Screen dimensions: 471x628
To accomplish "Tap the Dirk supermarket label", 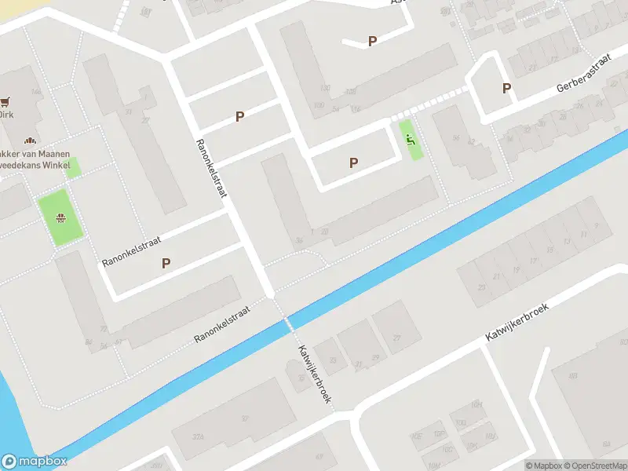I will pyautogui.click(x=6, y=114).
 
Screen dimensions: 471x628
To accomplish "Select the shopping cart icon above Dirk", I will pyautogui.click(x=7, y=101).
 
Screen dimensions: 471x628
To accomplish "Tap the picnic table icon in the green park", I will pyautogui.click(x=60, y=218).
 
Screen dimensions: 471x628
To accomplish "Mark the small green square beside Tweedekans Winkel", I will pyautogui.click(x=74, y=166).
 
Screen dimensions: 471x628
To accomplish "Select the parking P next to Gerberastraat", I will pyautogui.click(x=506, y=89).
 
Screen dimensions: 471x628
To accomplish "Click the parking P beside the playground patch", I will pyautogui.click(x=354, y=162).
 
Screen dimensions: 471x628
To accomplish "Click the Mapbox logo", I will pyautogui.click(x=35, y=462).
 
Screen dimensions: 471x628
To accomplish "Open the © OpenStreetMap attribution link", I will pyautogui.click(x=596, y=466).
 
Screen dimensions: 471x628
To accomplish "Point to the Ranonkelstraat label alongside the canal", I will pyautogui.click(x=222, y=324).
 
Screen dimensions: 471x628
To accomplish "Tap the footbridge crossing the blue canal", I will pyautogui.click(x=288, y=323).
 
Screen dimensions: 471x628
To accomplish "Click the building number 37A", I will pyautogui.click(x=199, y=437).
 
